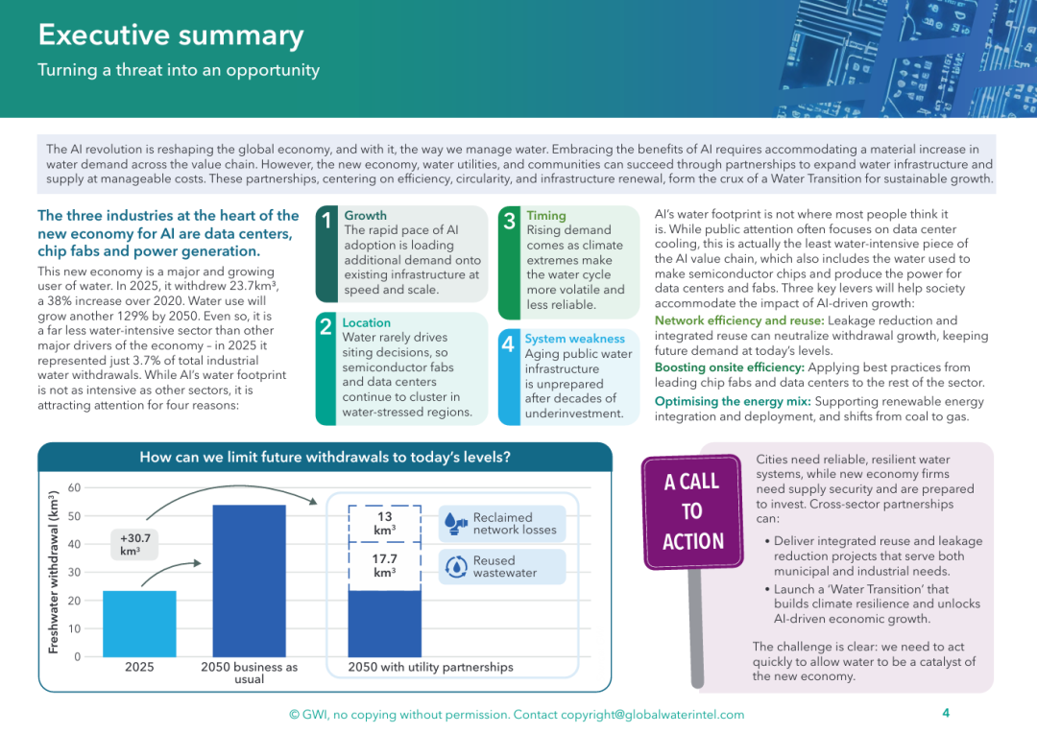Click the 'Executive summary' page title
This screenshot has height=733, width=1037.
[x=171, y=35]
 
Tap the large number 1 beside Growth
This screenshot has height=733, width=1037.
[x=326, y=220]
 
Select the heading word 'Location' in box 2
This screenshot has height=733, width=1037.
[x=367, y=322]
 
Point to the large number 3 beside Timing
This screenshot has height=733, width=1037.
[x=509, y=221]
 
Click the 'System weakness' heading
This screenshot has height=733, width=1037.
[x=575, y=339]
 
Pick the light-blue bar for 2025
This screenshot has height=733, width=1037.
[x=139, y=624]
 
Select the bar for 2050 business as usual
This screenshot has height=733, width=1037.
[x=250, y=581]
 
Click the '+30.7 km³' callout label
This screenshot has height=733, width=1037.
[x=135, y=545]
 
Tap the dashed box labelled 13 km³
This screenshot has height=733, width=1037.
[x=384, y=524]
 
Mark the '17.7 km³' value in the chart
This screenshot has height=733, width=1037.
[x=384, y=566]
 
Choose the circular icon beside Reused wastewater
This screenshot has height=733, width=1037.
[x=456, y=566]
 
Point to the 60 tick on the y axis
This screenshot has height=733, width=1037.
[x=74, y=487]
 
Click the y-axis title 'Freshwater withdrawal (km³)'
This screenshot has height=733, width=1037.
[x=54, y=573]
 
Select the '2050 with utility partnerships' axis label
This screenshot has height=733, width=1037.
[x=430, y=667]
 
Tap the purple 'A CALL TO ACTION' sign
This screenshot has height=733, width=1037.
[x=692, y=511]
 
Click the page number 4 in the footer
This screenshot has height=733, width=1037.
[x=946, y=713]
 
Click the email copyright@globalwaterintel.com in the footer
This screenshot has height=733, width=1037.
[x=652, y=715]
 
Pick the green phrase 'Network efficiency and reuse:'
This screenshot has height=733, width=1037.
[x=739, y=320]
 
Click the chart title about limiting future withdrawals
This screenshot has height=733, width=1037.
[x=325, y=458]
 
